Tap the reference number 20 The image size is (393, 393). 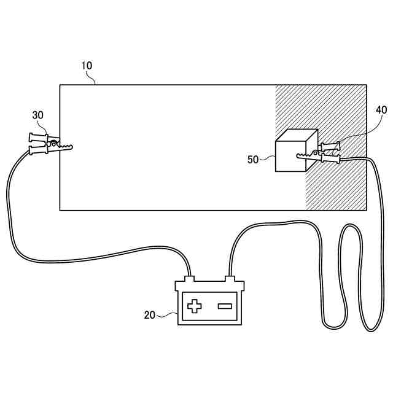pos(149,314)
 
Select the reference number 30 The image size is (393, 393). pos(39,115)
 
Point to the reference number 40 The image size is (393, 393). pos(381,110)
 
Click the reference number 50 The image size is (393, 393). pos(252,160)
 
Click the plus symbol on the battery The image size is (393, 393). pos(194,306)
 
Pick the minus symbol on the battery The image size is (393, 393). pos(225,306)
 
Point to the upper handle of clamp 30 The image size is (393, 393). pos(38,137)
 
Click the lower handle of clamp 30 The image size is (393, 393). pos(39,149)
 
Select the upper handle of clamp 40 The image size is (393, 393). pos(330,146)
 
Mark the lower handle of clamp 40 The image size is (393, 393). pos(330,159)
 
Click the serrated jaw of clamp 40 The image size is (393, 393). pos(305,156)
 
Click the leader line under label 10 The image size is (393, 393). pos(93,77)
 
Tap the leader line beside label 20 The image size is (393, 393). pos(167,315)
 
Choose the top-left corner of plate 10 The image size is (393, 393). pos(60,85)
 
